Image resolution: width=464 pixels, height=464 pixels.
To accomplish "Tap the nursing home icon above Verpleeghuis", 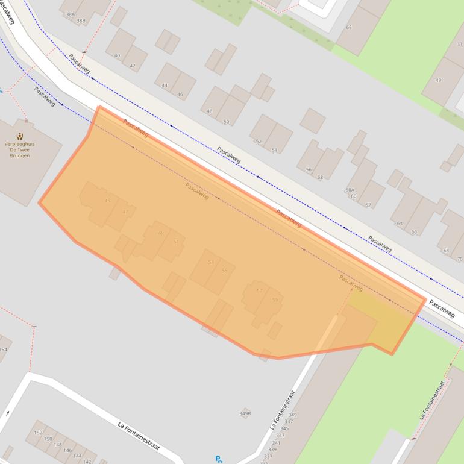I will pos(20,137).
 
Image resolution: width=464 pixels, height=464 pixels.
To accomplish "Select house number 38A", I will pos(71,14).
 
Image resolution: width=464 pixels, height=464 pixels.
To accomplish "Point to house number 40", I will pos(117,55).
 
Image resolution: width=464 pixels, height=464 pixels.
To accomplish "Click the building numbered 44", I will pos(165,85).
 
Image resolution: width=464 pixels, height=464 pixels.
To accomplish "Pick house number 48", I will pos(209,111).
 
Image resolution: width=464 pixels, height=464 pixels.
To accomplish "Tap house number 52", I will pos(259,141).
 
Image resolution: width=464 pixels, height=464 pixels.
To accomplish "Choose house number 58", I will pos(320,177).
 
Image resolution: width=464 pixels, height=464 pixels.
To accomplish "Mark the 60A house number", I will pos(350,190).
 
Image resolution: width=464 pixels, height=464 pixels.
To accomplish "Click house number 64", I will pos(400,223).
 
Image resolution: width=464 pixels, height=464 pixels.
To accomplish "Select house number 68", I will pos(446,251).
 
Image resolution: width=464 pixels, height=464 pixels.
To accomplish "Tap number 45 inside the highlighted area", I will pos(107,201).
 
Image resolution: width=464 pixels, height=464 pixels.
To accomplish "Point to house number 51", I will pos(175,241).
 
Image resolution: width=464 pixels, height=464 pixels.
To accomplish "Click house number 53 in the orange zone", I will pos(210,262).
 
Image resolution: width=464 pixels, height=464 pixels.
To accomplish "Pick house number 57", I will pos(260,290).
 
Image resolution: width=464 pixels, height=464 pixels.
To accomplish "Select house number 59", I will pos(275,299).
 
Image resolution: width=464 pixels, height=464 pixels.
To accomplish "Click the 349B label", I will pos(245,413).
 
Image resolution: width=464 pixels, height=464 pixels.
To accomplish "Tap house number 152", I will pos(38,433).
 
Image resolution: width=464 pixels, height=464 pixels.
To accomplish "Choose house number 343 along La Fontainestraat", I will pos(280,435).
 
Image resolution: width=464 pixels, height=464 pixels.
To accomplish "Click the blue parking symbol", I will pos(219,459).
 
